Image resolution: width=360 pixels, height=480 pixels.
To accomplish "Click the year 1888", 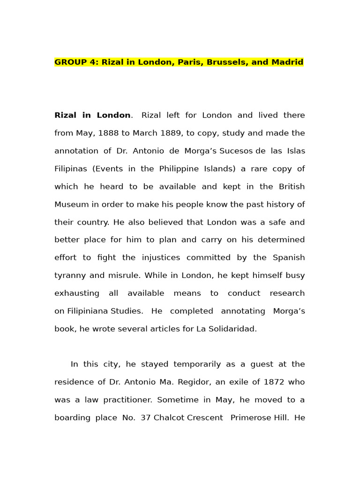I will point(108,133).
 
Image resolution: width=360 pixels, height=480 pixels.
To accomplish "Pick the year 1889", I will point(171,133).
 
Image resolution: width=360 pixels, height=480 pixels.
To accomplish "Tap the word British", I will point(292,187).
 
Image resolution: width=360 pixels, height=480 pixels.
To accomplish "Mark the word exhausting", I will point(77,293).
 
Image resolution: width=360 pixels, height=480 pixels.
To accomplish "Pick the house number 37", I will point(146,418).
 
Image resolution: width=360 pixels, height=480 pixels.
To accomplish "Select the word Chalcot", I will point(170,418).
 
